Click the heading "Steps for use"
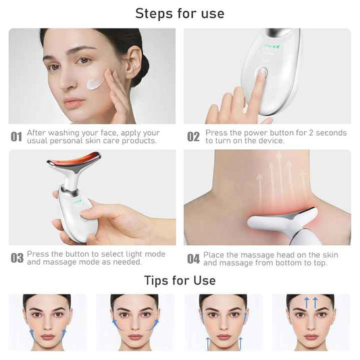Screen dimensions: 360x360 (180, 13)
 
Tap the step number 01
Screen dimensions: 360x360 (17, 137)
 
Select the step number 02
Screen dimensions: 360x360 (193, 137)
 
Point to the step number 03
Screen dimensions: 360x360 (17, 258)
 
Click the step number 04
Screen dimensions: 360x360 (193, 258)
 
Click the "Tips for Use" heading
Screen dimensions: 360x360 (180, 280)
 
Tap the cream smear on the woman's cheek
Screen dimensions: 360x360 (97, 84)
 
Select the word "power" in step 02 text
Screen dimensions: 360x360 (253, 133)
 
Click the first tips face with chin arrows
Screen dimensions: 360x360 (47, 321)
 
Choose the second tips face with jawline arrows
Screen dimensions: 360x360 (134, 321)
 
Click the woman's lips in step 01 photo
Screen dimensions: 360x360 (74, 103)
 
